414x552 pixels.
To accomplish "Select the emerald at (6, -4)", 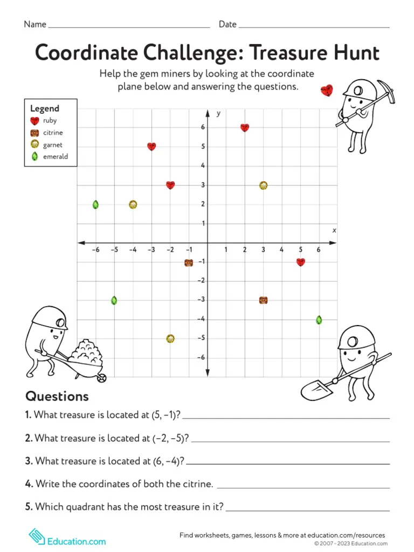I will (x=319, y=320).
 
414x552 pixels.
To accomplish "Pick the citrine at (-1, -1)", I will (x=189, y=263).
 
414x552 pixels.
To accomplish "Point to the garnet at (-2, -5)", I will (x=170, y=339).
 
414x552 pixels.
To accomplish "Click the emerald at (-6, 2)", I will (x=95, y=204).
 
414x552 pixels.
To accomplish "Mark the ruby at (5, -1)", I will (x=301, y=262).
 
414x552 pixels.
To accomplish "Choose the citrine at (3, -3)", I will (x=263, y=300).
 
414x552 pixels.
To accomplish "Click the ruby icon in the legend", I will (x=35, y=121).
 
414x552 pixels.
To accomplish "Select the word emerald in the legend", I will (x=56, y=157).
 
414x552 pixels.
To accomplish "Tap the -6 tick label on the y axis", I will (x=200, y=357).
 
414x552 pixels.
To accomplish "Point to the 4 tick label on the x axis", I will (x=281, y=250).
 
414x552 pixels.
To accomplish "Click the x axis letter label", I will (x=334, y=230).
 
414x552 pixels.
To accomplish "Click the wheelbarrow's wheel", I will (x=101, y=378).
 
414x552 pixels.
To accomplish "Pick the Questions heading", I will (x=57, y=396).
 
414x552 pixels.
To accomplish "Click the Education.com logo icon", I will (x=36, y=536).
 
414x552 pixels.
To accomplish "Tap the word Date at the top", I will (x=227, y=24).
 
